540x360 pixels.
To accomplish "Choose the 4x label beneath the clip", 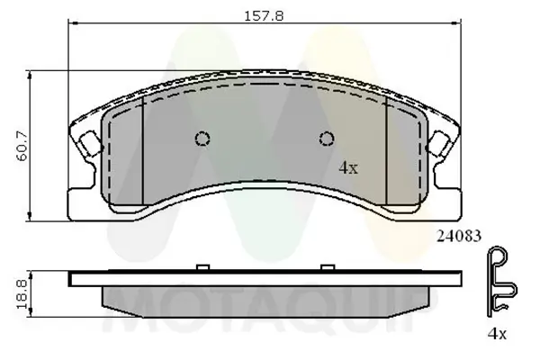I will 497,335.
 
